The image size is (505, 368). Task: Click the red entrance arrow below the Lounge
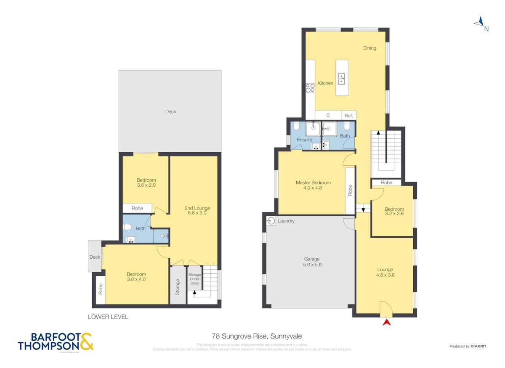[386, 323]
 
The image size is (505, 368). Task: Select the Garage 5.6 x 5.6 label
[312, 262]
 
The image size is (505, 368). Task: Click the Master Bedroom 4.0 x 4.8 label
[313, 185]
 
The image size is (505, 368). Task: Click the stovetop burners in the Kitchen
[310, 88]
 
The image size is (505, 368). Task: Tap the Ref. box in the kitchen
[348, 115]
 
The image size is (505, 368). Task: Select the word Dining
[369, 48]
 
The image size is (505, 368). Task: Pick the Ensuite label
[304, 140]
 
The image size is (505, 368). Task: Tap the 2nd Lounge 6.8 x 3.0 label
[197, 210]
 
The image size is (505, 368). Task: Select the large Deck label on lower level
[170, 111]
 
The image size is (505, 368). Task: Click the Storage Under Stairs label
[194, 278]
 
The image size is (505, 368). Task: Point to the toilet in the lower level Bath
[128, 227]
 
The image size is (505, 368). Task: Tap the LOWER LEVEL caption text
[108, 317]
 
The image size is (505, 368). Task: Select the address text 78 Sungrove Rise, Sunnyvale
[257, 336]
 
